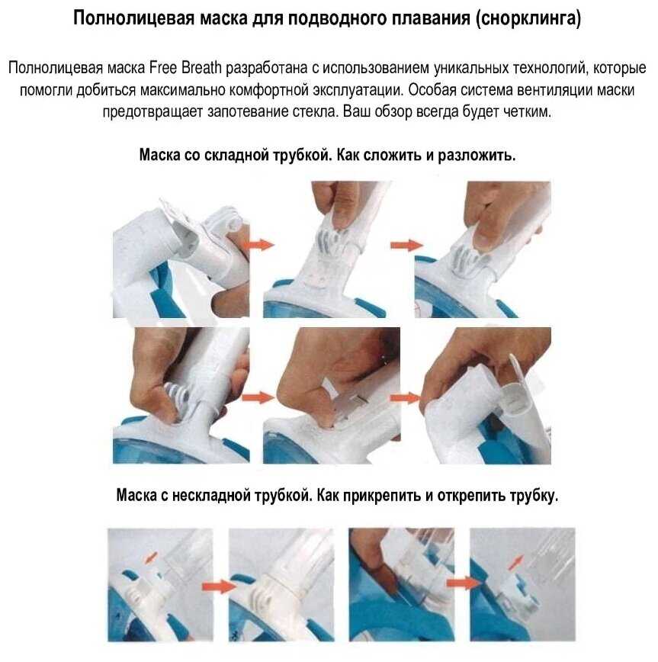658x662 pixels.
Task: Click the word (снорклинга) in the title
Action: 528,19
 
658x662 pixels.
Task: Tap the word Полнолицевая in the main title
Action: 133,19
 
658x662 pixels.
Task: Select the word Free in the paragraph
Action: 164,68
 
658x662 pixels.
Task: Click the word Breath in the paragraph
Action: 202,68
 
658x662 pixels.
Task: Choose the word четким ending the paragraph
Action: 528,112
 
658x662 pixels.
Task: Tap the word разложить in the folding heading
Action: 477,156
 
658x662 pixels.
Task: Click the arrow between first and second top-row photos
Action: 262,245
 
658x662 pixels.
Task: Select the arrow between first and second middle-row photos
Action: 258,397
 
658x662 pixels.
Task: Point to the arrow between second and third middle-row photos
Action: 405,397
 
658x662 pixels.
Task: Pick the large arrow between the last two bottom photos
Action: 463,583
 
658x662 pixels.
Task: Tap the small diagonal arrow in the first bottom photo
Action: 151,558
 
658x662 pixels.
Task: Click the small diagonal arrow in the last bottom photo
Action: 515,562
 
